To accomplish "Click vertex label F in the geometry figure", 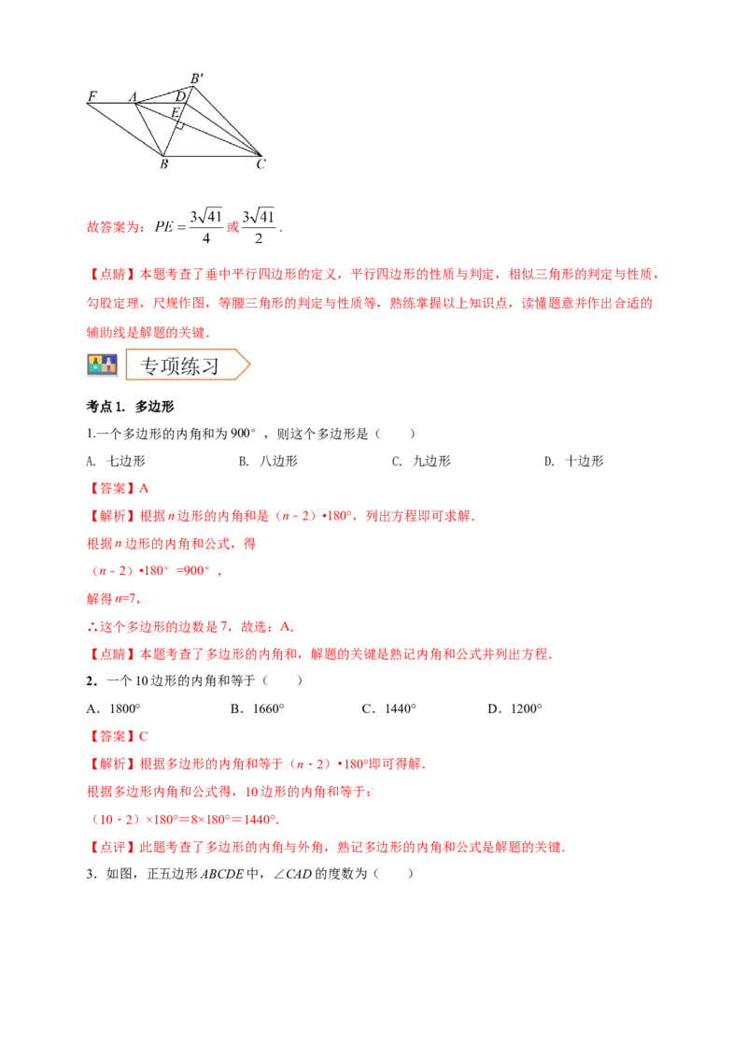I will click(92, 95).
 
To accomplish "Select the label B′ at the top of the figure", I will click(197, 79).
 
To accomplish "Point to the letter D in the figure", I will click(180, 96).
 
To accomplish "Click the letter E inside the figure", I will click(174, 112).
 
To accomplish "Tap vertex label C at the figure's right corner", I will click(261, 165).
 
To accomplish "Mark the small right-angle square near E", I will click(181, 124).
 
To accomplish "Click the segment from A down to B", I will click(150, 129).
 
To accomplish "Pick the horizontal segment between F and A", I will click(112, 103).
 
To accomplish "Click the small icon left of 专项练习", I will click(101, 365).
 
